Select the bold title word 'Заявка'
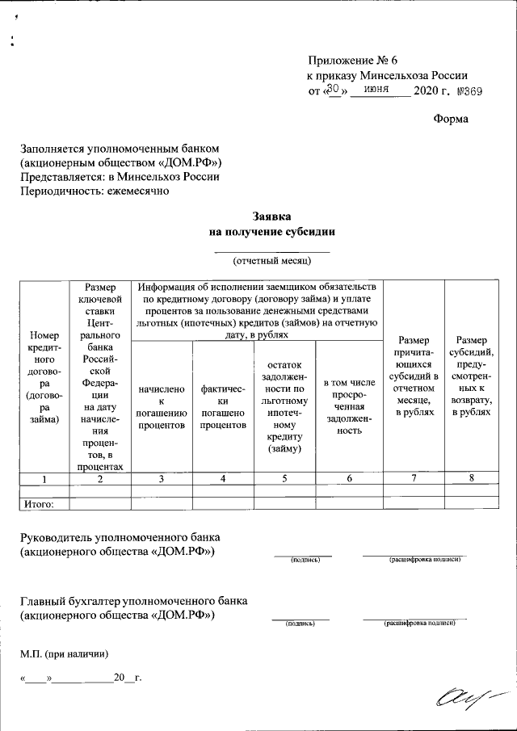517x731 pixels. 271,216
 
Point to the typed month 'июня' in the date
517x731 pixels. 379,90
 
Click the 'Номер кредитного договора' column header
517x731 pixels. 44,377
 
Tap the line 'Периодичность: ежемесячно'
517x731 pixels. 95,191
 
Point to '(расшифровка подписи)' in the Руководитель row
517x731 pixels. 425,559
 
